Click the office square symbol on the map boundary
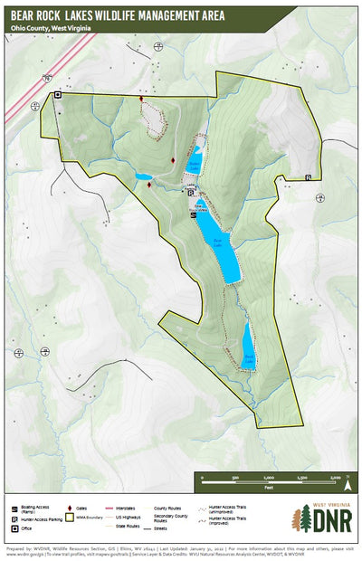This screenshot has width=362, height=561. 58,94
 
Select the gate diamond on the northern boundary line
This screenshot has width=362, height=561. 140,98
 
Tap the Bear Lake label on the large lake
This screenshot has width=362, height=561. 216,241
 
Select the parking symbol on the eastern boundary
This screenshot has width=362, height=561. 309,177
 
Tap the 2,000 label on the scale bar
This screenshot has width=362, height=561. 334,478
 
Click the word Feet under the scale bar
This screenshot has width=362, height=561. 269,486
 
